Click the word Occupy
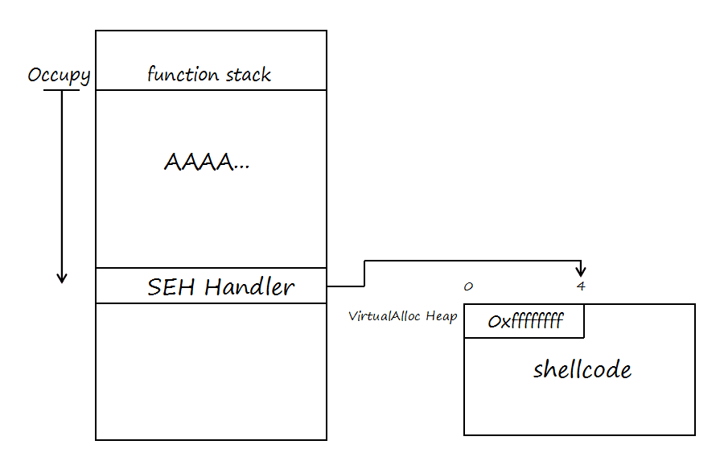(x=59, y=76)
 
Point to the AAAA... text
(x=207, y=163)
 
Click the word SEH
(x=172, y=287)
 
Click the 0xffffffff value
(x=524, y=322)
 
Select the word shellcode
(x=582, y=370)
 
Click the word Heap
(x=442, y=316)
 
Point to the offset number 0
(x=468, y=286)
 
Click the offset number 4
(x=580, y=286)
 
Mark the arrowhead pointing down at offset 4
(x=581, y=271)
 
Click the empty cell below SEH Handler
(x=211, y=370)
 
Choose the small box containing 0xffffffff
(x=524, y=321)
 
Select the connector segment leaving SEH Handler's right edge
(x=345, y=286)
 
